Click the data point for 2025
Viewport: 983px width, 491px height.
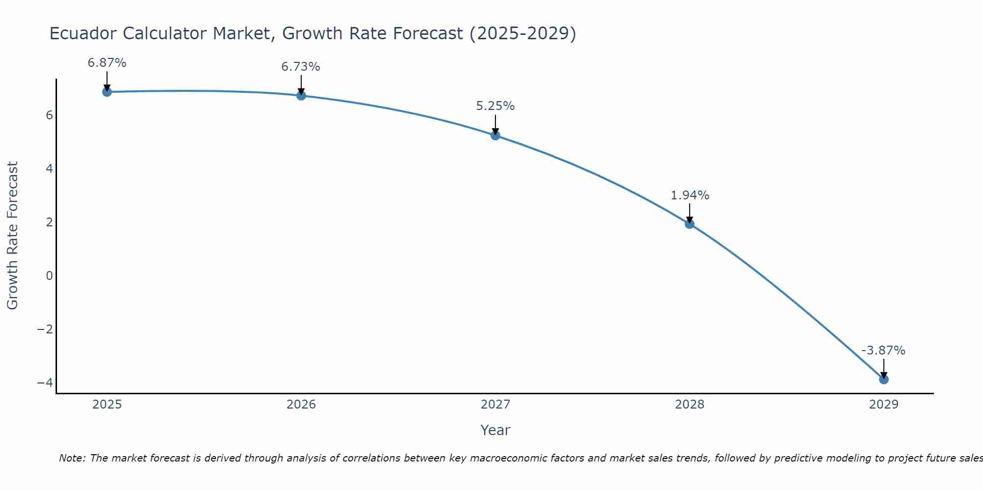107,92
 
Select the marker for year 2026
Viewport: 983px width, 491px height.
301,95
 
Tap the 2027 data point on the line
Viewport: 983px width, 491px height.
495,135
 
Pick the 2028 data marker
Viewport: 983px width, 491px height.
690,224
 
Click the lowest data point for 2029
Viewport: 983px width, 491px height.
884,379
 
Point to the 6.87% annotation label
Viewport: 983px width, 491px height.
107,63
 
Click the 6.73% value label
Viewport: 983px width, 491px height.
300,67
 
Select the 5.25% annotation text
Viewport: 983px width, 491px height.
495,106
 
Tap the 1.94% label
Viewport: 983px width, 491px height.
690,195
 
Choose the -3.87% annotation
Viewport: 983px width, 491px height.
883,351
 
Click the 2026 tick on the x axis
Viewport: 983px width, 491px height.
301,405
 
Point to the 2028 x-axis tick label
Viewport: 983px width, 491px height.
690,405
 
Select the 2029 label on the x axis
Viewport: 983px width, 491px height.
884,405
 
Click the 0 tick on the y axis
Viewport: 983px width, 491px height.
49,275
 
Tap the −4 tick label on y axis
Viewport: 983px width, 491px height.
45,382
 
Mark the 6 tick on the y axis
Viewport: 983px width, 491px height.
49,115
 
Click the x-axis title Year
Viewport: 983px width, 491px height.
495,430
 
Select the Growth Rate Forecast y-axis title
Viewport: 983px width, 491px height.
12,235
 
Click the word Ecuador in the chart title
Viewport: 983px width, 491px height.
83,33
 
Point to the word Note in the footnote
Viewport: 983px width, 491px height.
72,458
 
